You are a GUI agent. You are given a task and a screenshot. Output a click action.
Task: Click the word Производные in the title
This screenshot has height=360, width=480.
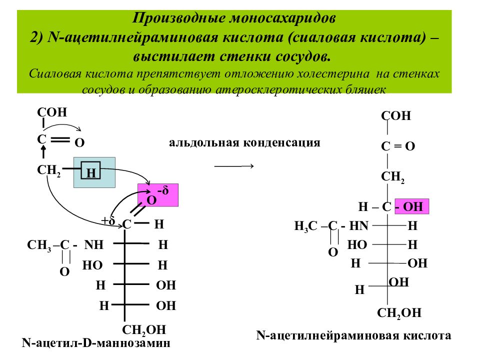[179, 18]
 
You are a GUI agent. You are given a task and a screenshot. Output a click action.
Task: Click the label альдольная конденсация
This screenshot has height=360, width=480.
[244, 142]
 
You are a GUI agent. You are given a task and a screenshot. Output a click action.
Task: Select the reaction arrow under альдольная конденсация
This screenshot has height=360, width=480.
[234, 166]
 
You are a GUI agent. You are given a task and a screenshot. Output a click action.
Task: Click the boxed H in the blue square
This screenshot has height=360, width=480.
[91, 172]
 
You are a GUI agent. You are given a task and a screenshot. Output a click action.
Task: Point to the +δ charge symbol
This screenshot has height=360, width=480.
[108, 220]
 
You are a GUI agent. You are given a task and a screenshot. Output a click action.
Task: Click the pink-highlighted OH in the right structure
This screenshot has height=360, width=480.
[413, 206]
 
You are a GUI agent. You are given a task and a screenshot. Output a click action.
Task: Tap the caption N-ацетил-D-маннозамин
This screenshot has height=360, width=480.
[96, 342]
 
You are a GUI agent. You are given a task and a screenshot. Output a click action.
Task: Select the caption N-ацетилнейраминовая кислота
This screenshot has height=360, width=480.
[353, 335]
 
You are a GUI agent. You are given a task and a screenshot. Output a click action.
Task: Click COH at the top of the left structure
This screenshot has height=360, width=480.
[52, 112]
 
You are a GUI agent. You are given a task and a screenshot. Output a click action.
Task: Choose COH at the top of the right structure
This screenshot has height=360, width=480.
[396, 115]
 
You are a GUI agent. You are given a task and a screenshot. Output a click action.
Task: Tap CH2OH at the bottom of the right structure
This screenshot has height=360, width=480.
[399, 313]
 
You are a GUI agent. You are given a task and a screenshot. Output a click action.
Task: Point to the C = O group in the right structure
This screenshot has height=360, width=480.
[398, 146]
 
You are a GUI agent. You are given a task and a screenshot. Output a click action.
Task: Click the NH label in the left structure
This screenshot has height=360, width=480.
[94, 245]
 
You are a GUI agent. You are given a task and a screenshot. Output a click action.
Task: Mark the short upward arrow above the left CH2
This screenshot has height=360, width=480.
[43, 151]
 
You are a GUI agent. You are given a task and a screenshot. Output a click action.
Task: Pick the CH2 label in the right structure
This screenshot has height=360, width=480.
[393, 177]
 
